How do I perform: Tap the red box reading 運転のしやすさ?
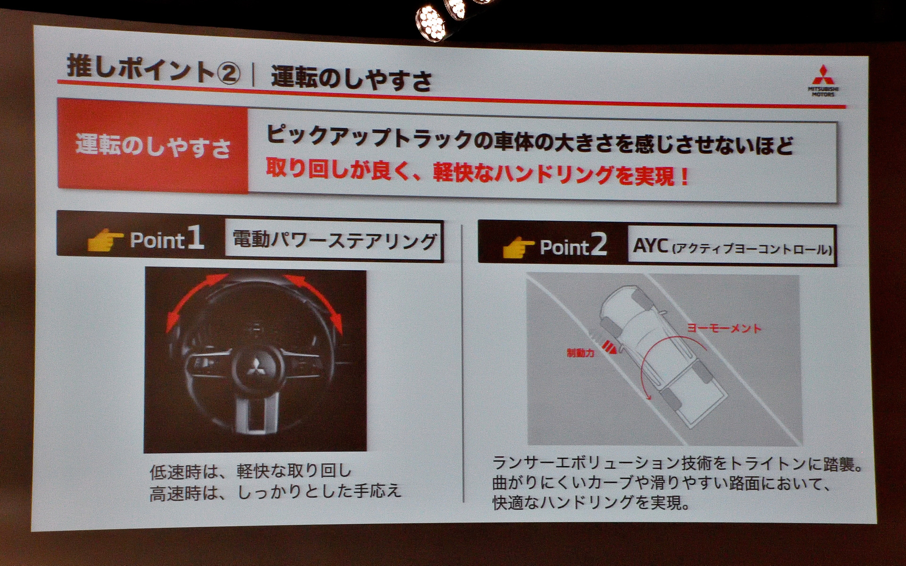(152, 146)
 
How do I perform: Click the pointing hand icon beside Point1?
(105, 240)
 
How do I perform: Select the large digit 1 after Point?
(195, 237)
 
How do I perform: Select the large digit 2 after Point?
(598, 245)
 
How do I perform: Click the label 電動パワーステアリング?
(334, 240)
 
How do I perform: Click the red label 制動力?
(580, 353)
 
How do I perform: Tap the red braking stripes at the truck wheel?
(611, 347)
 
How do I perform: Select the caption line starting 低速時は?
(251, 471)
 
